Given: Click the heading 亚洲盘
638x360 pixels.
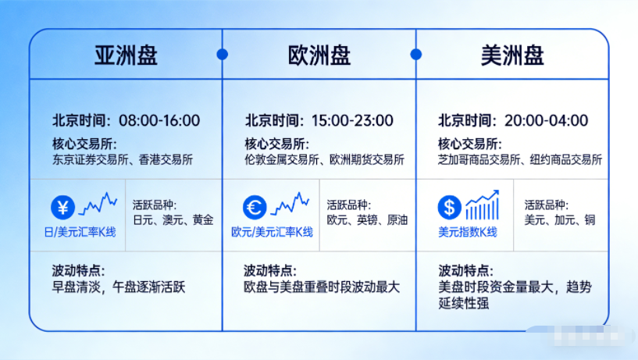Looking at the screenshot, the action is (127, 55).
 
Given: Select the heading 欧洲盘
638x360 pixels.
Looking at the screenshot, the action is (319, 55).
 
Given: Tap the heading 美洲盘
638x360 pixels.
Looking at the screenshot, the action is (513, 55).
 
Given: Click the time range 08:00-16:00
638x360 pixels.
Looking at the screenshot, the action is (159, 120).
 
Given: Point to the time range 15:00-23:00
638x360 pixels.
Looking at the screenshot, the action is (352, 120).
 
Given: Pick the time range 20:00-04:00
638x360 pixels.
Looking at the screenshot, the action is (546, 120).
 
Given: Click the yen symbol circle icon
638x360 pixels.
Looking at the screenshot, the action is (62, 208).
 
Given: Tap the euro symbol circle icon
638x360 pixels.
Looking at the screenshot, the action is (255, 208).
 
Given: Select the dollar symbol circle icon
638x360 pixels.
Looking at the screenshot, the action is (449, 208).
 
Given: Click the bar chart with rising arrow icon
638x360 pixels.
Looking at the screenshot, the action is (483, 205).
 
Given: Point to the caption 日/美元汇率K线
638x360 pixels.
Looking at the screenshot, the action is (80, 232).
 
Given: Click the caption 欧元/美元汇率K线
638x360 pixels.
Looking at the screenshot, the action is (272, 232).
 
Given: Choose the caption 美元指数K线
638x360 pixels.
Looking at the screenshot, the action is (468, 232).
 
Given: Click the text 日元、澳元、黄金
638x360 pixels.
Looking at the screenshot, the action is (173, 220).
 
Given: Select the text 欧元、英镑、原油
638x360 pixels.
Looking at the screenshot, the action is (367, 220).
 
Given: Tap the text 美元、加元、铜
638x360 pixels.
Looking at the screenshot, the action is (560, 220).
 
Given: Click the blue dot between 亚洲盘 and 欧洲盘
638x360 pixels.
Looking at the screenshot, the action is (222, 54).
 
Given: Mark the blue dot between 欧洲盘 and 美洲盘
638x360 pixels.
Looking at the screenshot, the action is (416, 54).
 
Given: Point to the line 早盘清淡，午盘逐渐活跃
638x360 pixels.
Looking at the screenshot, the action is (119, 287).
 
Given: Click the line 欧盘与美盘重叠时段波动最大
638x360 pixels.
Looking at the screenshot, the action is (322, 287).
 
